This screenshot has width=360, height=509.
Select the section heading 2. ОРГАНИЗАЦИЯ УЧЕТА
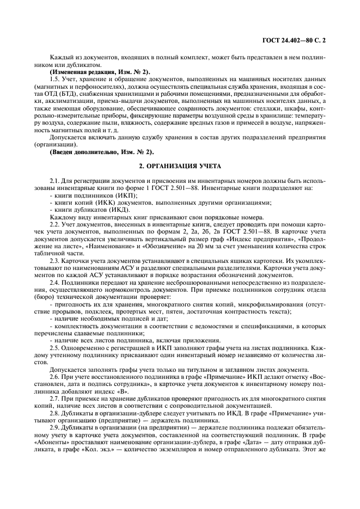click(179, 165)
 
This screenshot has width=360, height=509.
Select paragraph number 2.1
click(54, 180)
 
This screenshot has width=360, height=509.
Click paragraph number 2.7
click(54, 398)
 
